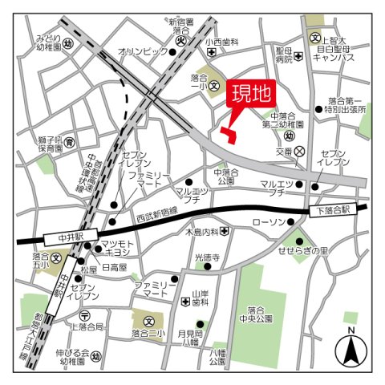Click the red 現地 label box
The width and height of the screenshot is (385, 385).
click(250, 95)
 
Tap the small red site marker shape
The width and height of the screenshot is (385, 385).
click(229, 136)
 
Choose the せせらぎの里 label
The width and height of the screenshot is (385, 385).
click(324, 250)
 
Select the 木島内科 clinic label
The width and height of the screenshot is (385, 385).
click(201, 232)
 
